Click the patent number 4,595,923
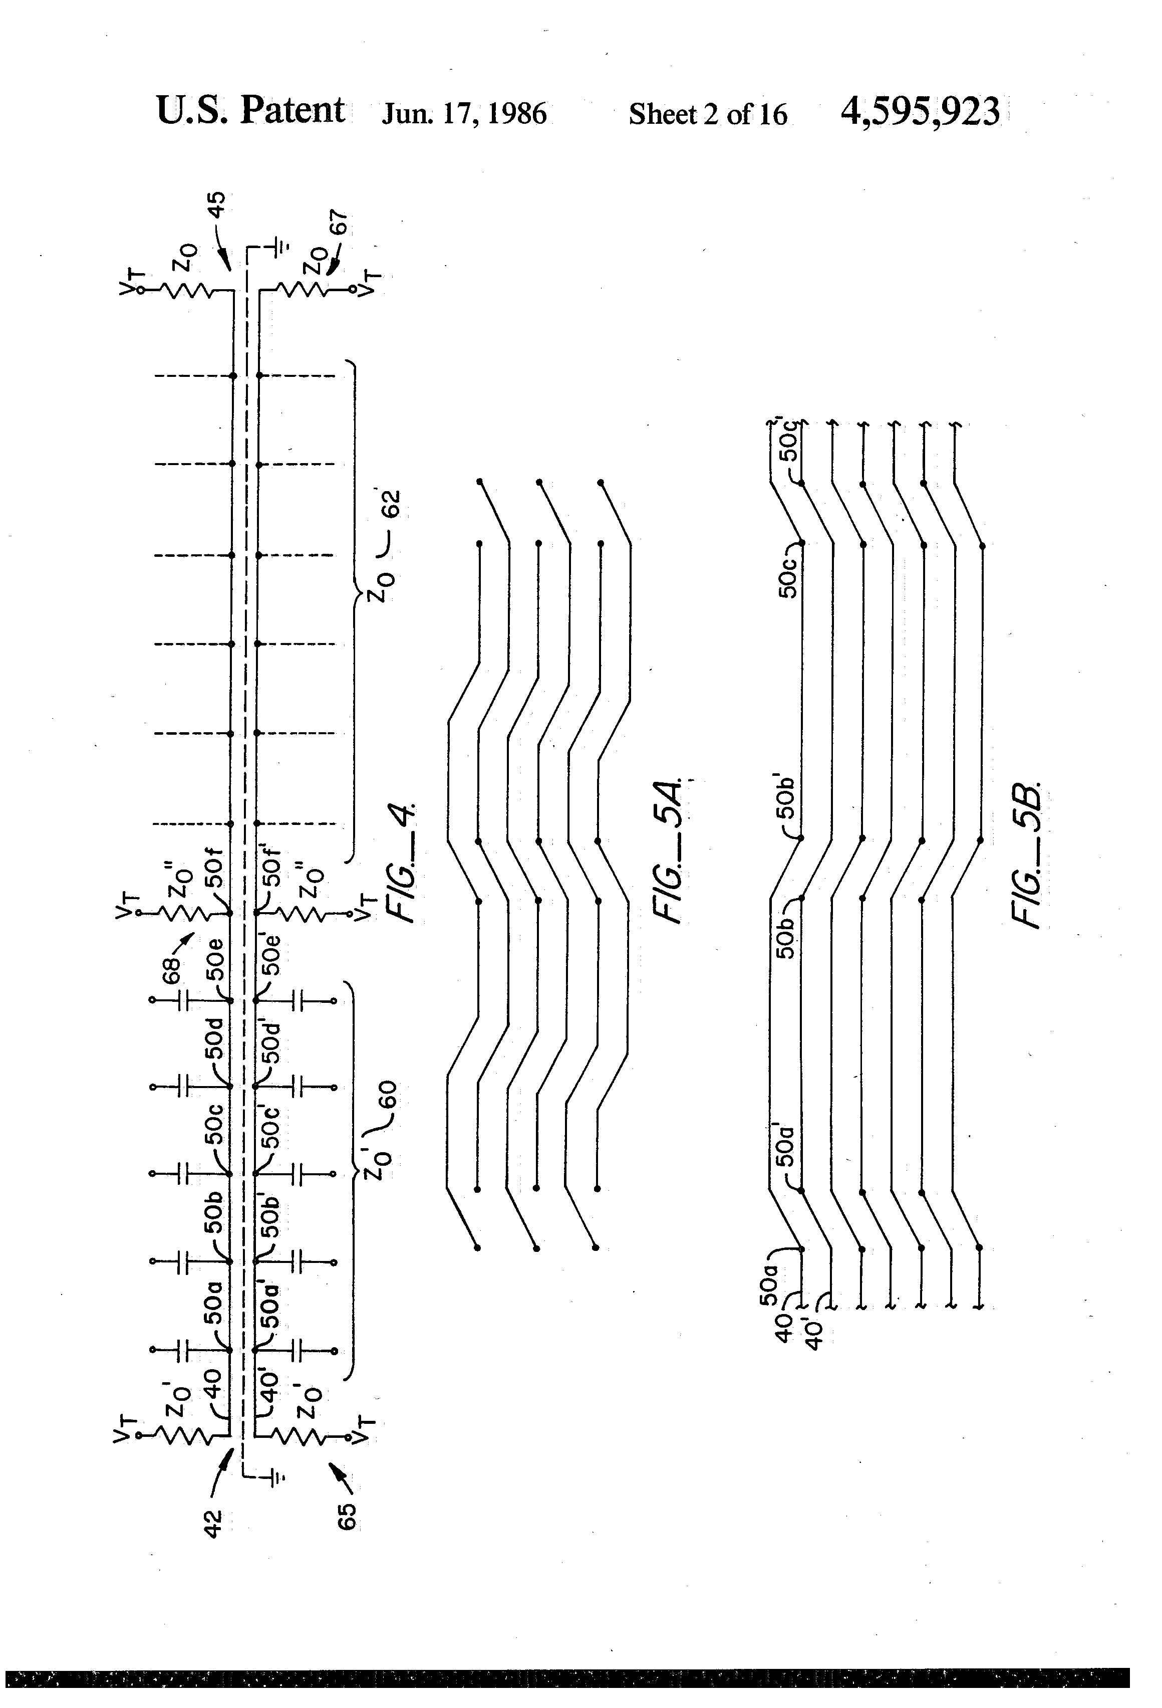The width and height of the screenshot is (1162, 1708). [920, 112]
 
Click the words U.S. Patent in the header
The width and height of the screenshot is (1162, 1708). [250, 111]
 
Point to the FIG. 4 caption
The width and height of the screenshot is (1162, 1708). [403, 863]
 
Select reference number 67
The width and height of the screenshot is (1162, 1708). [338, 224]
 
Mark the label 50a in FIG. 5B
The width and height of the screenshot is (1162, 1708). [768, 1283]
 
